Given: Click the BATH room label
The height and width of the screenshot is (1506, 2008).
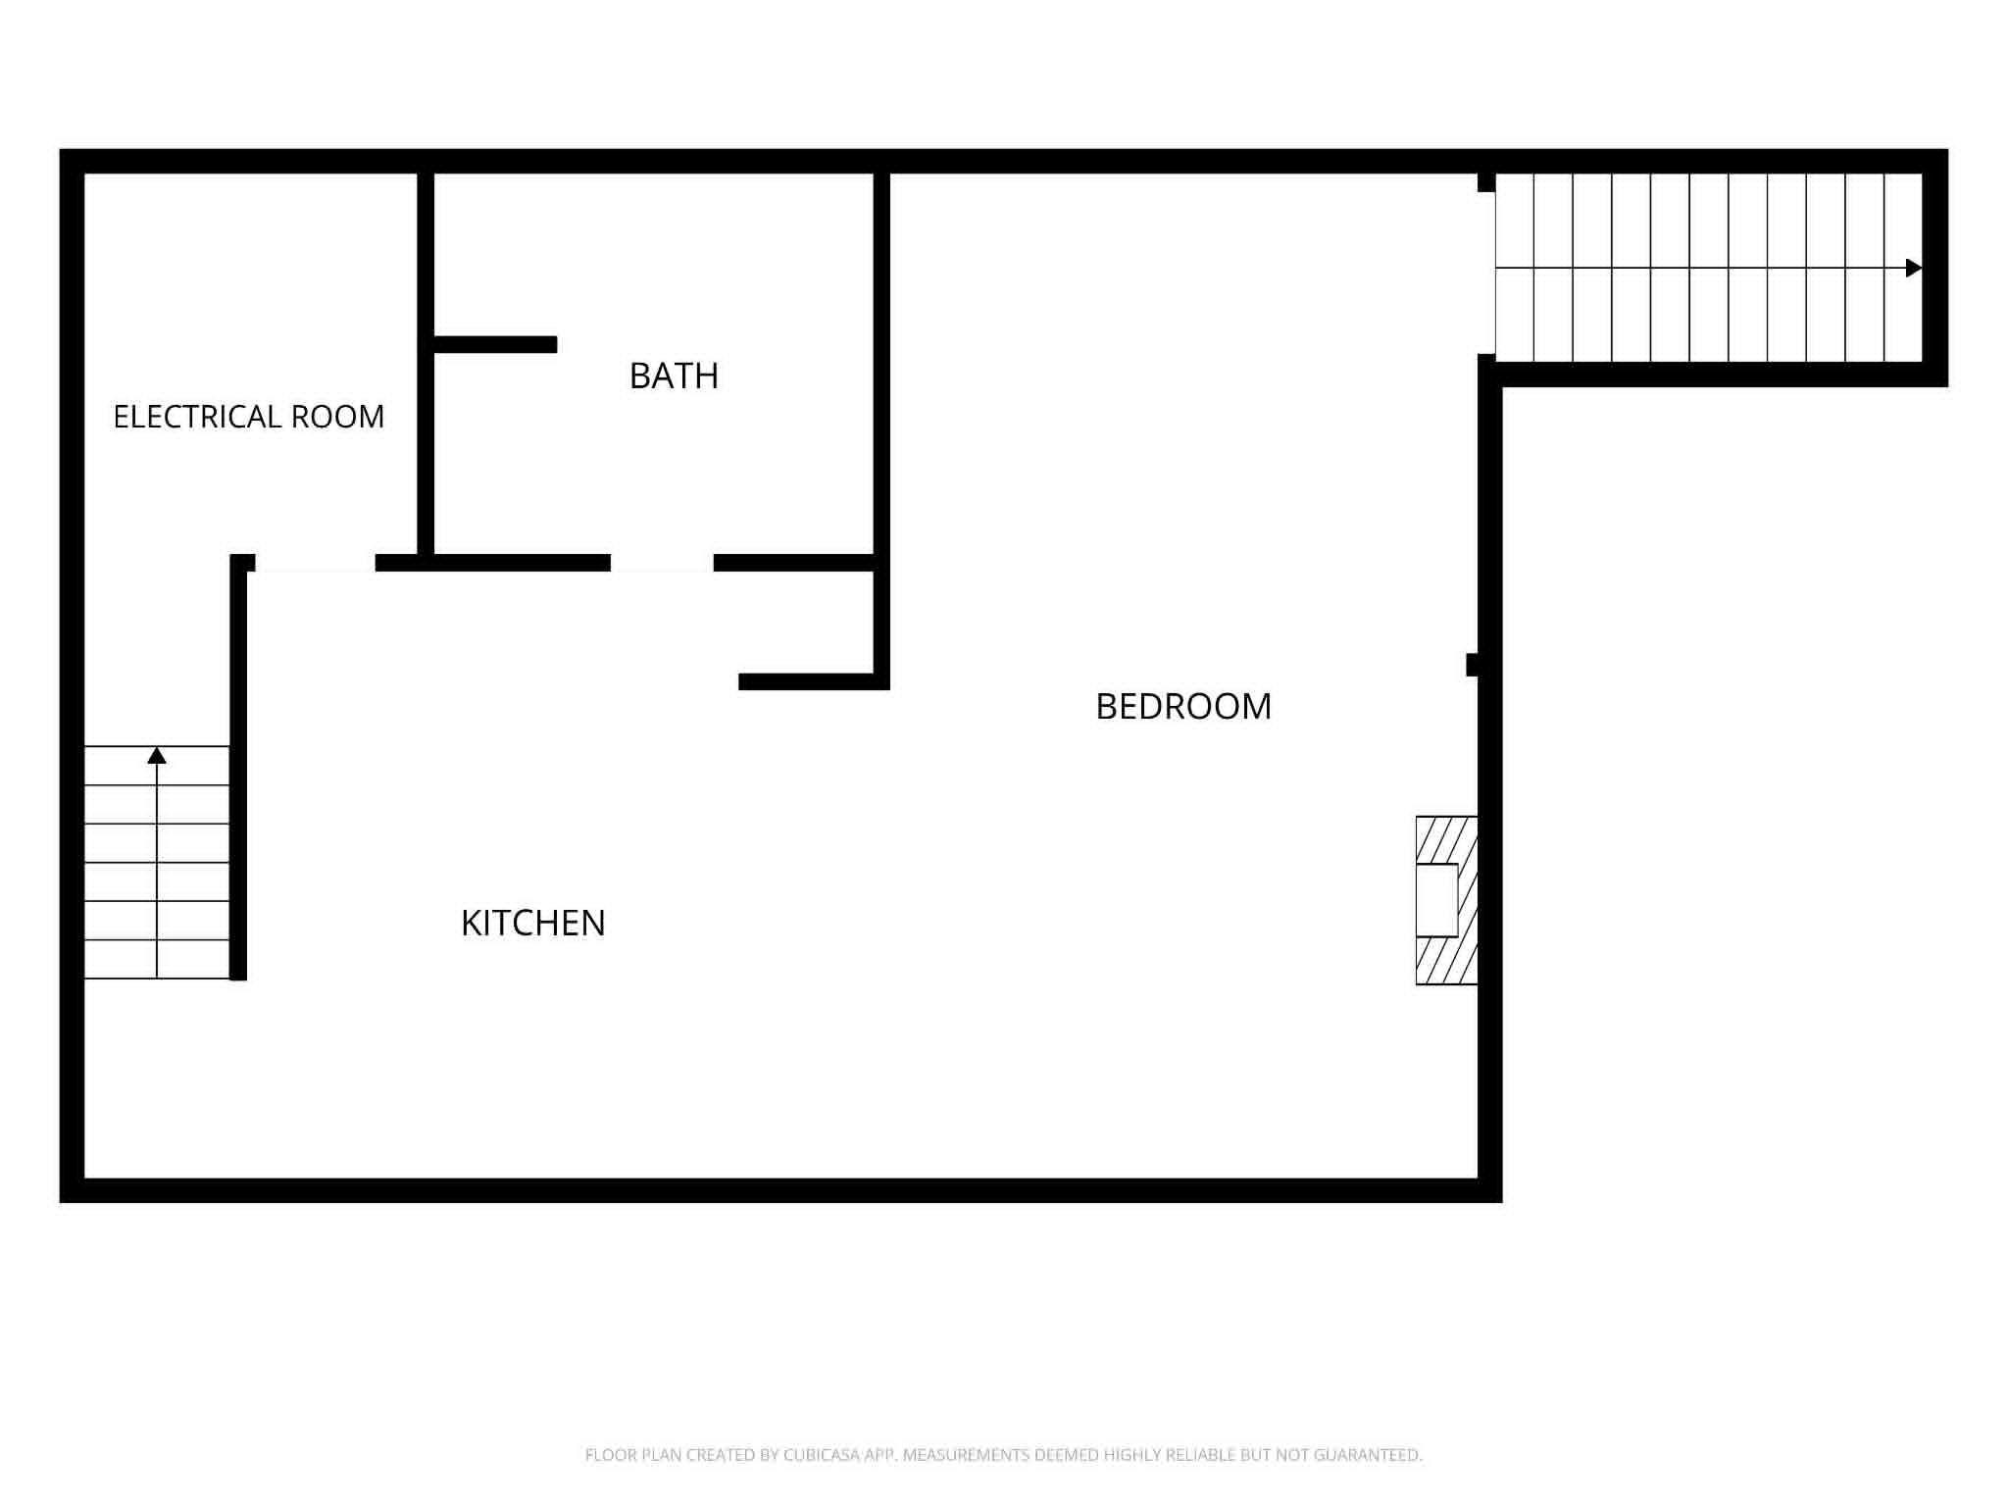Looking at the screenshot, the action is point(674,376).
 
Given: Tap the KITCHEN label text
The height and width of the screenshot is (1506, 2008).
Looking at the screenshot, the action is point(533,923).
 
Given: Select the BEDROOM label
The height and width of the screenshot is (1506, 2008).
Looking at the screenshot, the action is point(1183,706).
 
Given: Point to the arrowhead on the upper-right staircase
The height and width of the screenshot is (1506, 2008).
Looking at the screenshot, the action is point(1914,268).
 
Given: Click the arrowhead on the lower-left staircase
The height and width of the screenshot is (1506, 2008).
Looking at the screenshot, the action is point(157,755).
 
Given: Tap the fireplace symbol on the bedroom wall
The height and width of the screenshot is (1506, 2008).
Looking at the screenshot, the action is point(1446,900).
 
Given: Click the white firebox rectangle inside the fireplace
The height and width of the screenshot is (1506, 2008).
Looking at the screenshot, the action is point(1437,900).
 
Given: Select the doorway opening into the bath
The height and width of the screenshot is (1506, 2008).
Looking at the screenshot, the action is point(662,563).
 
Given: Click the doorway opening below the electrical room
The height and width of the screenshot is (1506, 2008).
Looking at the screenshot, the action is point(315,563).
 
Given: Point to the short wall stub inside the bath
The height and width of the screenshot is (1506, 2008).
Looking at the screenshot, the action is point(495,344).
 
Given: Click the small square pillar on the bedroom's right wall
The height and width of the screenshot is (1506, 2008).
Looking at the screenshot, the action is point(1472,665).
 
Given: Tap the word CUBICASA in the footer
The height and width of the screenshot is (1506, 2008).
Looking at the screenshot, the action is point(822,1455).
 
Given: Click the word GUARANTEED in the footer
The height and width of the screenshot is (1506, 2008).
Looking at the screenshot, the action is point(1368,1455).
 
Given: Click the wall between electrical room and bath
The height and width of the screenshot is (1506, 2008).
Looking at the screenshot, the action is point(426,363).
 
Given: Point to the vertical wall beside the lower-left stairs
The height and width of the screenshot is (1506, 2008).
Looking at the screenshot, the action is point(238,767).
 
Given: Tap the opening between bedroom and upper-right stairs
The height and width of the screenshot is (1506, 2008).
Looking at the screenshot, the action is point(1486,273).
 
